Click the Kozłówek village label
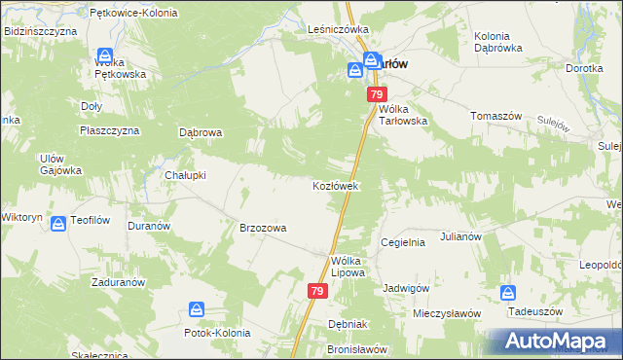[x=336, y=185]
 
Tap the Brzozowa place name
[x=263, y=228]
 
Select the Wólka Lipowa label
[x=348, y=267]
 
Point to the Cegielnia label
[x=403, y=242]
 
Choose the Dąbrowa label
[x=202, y=132]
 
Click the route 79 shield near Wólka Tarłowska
[x=377, y=94]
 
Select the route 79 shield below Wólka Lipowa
[x=318, y=290]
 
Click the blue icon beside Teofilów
[x=58, y=223]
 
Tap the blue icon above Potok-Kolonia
[x=198, y=309]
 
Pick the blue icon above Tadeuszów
[x=508, y=292]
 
